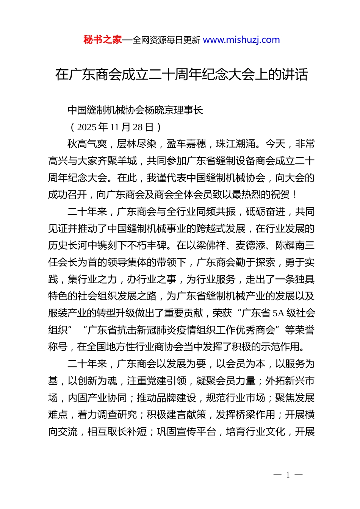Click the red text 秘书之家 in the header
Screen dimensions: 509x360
pyautogui.click(x=103, y=40)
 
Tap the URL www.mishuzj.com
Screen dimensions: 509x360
pyautogui.click(x=241, y=40)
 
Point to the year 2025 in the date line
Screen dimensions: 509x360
pyautogui.click(x=87, y=127)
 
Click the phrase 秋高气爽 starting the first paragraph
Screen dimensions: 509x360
pyautogui.click(x=87, y=144)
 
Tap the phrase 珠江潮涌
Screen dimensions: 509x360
pyautogui.click(x=236, y=144)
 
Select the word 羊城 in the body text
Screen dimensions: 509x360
pyautogui.click(x=127, y=161)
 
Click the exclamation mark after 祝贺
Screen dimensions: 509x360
pyautogui.click(x=295, y=195)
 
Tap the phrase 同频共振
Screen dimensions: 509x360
pyautogui.click(x=216, y=212)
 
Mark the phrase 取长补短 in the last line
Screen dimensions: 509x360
pyautogui.click(x=127, y=432)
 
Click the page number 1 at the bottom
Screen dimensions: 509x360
pyautogui.click(x=288, y=475)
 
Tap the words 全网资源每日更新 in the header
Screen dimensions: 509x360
pyautogui.click(x=166, y=40)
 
